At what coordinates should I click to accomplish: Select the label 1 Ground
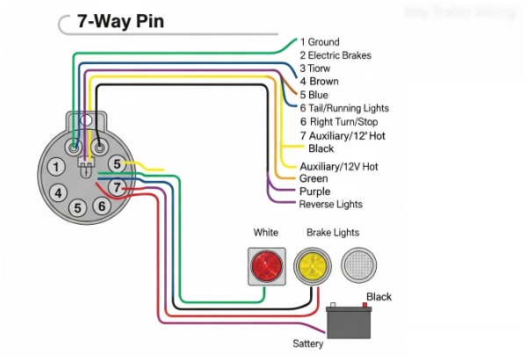(320, 42)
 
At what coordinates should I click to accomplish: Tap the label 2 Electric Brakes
(336, 55)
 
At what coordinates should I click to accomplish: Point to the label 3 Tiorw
(314, 68)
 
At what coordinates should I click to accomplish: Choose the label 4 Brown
(319, 82)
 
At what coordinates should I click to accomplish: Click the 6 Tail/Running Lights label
(343, 108)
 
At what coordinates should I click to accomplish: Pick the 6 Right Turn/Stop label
(340, 121)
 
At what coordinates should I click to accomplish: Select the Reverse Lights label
(330, 205)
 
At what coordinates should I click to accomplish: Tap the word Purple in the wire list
(314, 191)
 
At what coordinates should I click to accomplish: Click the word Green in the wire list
(314, 179)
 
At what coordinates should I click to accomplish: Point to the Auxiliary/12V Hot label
(339, 166)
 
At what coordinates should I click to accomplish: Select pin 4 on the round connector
(57, 192)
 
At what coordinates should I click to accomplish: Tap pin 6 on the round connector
(101, 205)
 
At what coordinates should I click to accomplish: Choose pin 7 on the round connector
(116, 185)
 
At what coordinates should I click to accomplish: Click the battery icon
(351, 321)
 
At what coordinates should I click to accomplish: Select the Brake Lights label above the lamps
(332, 233)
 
